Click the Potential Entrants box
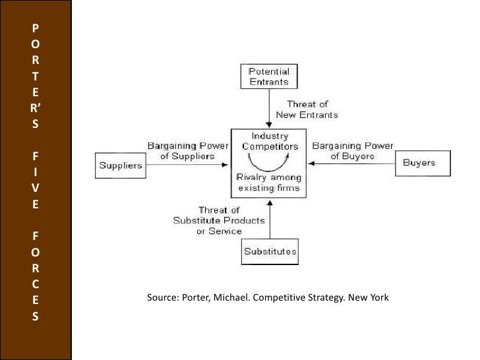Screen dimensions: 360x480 (269, 76)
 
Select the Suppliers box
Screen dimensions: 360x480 (121, 165)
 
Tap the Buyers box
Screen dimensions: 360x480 (419, 163)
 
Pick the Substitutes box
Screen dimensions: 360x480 (270, 251)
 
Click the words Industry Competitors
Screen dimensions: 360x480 (270, 141)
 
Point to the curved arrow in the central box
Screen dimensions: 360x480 (269, 161)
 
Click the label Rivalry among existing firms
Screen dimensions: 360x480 (269, 183)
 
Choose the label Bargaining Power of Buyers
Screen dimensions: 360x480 (352, 151)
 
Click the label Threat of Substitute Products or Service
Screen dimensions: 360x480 (220, 220)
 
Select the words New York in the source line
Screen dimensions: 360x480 (370, 297)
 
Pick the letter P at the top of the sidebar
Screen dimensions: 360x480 (35, 28)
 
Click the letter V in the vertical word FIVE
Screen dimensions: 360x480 (35, 189)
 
